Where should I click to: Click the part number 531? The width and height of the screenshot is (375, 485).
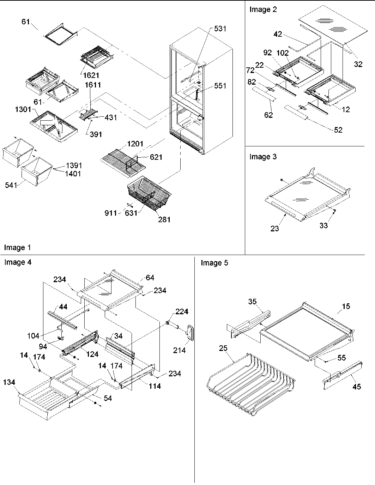[220, 29]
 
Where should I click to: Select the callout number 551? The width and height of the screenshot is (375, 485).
[220, 86]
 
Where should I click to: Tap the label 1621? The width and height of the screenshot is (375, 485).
[91, 75]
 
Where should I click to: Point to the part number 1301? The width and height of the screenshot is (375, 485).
[23, 110]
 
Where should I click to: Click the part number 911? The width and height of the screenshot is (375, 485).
[111, 213]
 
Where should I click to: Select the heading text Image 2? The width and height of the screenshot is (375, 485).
[263, 10]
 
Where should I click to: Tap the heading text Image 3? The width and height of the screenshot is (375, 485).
[263, 157]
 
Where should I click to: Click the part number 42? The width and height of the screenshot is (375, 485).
[278, 34]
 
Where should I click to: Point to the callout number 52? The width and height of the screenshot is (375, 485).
[338, 130]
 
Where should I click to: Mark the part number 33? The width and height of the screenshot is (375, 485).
[323, 225]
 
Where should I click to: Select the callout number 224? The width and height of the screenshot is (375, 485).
[182, 311]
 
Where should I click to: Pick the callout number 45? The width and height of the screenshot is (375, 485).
[357, 387]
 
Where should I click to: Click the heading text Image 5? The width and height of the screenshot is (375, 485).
[214, 263]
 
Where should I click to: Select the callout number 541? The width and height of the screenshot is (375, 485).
[11, 185]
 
